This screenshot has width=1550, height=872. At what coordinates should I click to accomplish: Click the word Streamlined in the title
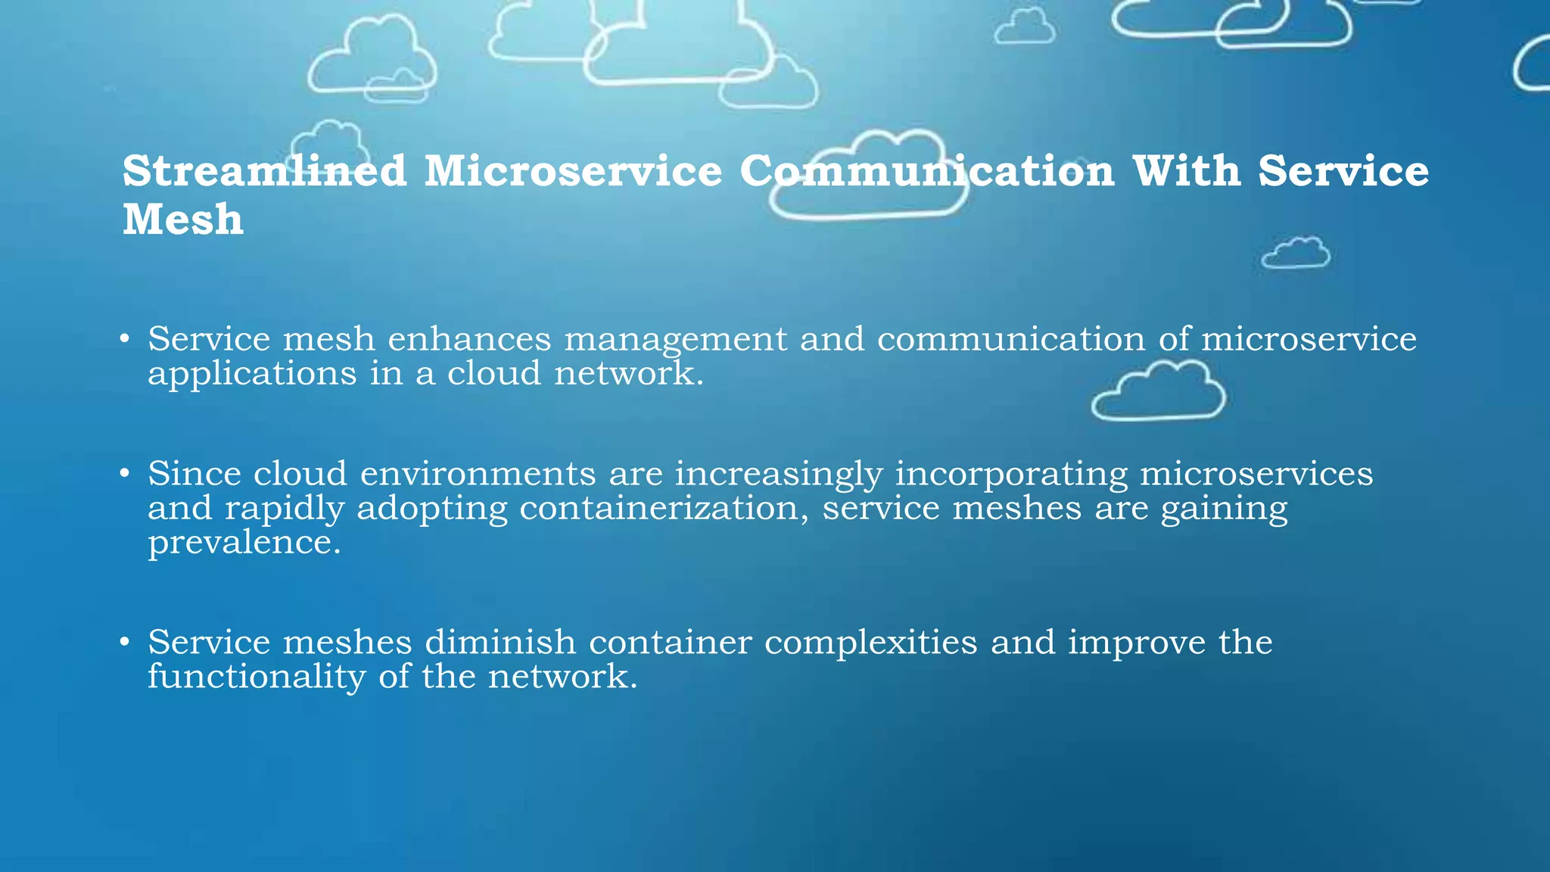click(x=264, y=171)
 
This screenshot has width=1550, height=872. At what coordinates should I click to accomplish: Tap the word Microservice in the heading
click(x=573, y=171)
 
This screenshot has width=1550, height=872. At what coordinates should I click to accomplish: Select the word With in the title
click(x=1186, y=171)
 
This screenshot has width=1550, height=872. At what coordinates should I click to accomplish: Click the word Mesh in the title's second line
click(x=183, y=220)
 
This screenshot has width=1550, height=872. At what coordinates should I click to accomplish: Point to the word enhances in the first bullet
click(x=469, y=339)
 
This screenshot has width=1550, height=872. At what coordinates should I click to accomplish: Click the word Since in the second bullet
click(x=194, y=474)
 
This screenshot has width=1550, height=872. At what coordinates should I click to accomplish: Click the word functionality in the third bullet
click(x=257, y=677)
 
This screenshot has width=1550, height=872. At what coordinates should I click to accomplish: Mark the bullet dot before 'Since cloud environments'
click(x=125, y=475)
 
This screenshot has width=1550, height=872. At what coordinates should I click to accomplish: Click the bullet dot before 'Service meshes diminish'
click(x=125, y=643)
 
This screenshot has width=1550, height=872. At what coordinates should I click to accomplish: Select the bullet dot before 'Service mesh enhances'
click(x=125, y=339)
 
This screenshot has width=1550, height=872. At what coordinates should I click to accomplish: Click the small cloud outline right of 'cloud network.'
click(x=1158, y=391)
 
